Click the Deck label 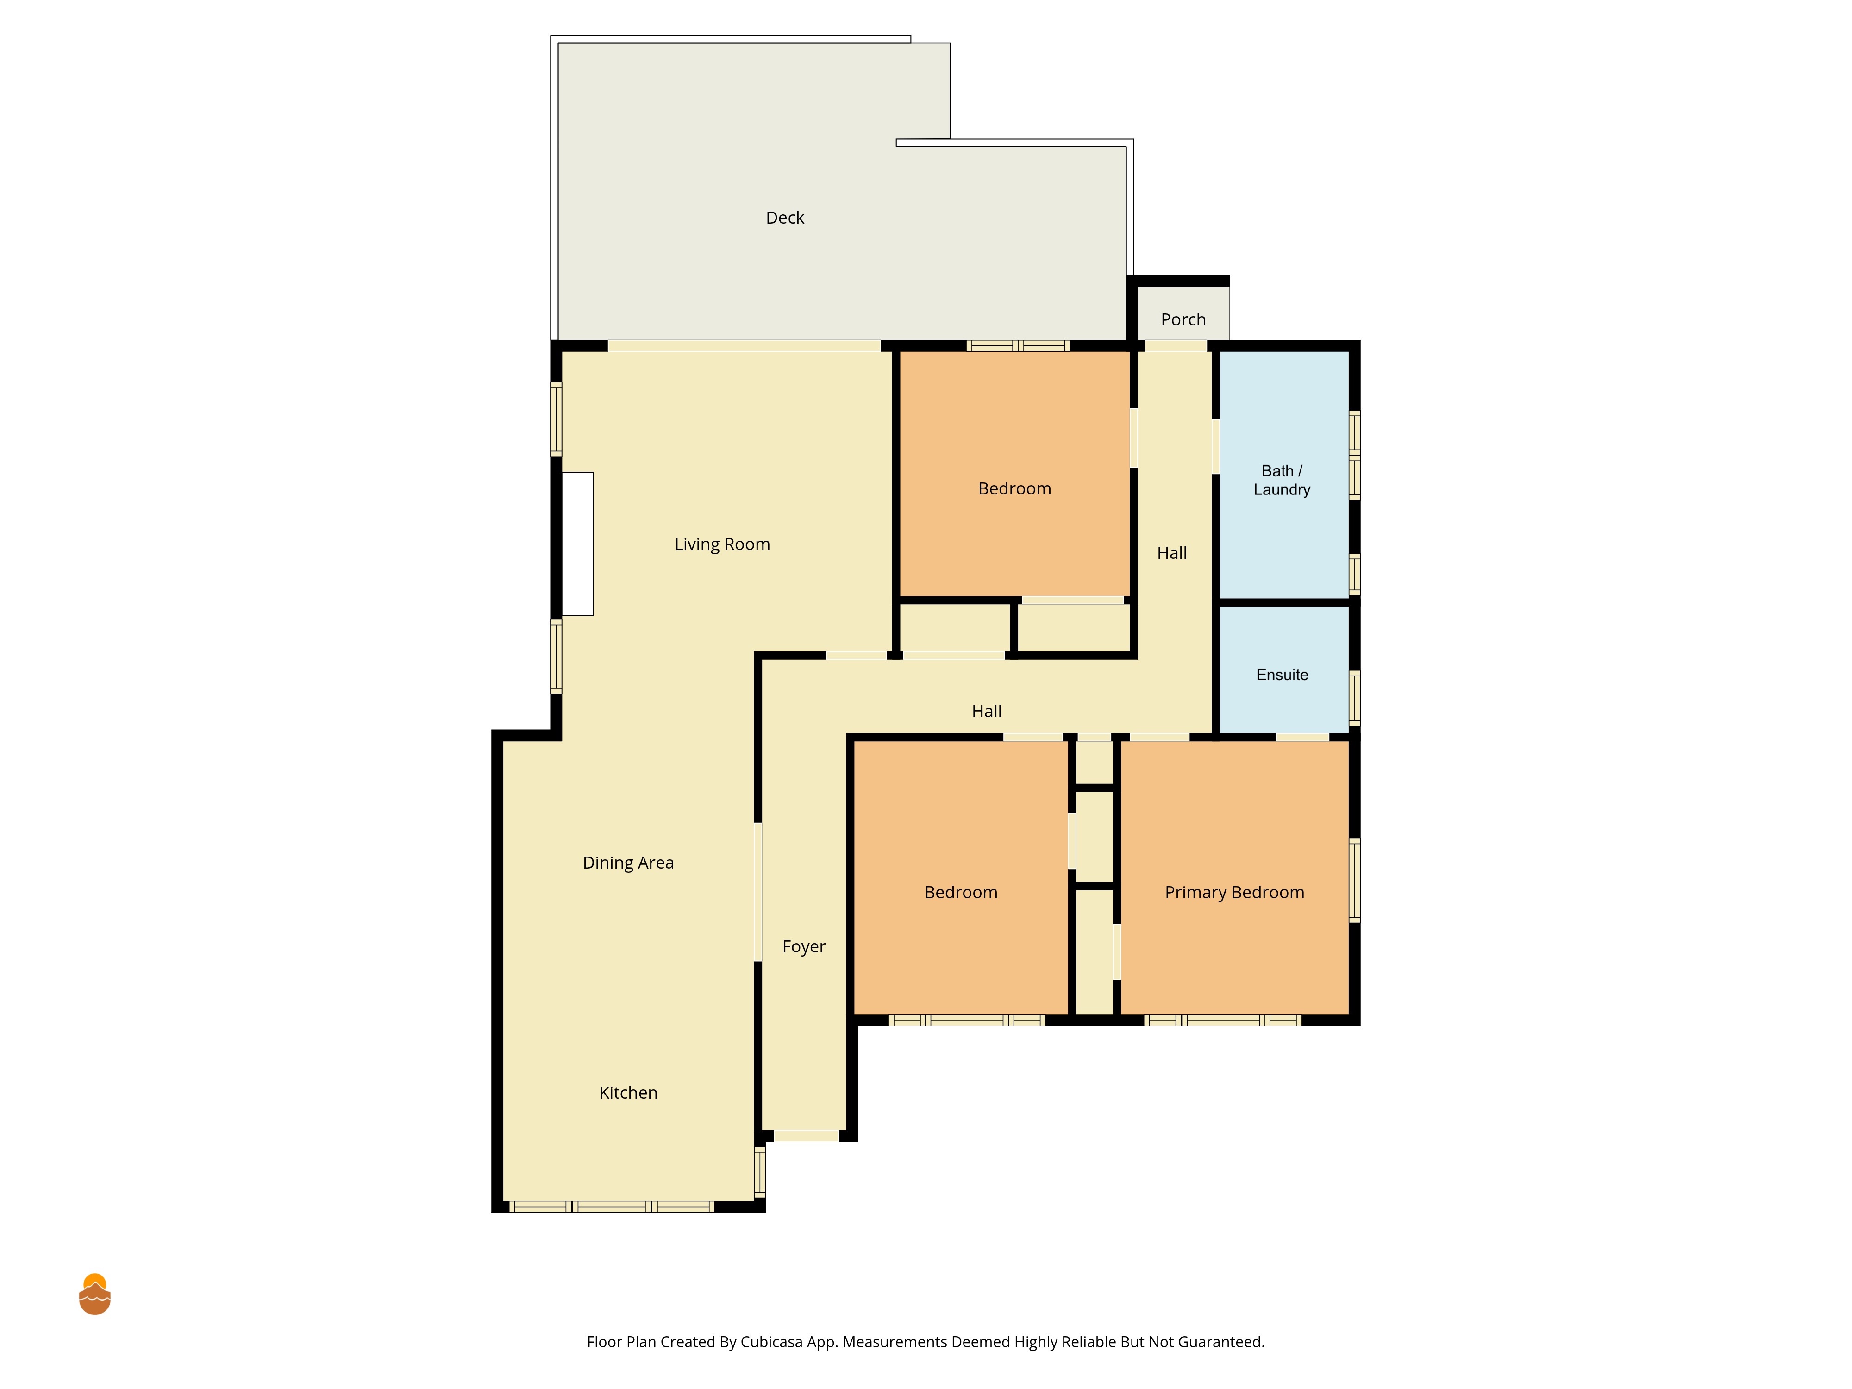784,218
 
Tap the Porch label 1183,320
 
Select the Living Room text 722,544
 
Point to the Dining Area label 628,863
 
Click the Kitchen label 628,1093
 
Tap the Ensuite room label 1282,675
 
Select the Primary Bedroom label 1234,893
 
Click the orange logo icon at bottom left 94,1295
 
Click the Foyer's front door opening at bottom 806,1136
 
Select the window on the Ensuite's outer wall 1354,697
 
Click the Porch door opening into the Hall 1176,346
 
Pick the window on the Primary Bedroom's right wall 1354,880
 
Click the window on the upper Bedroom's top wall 1018,346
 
